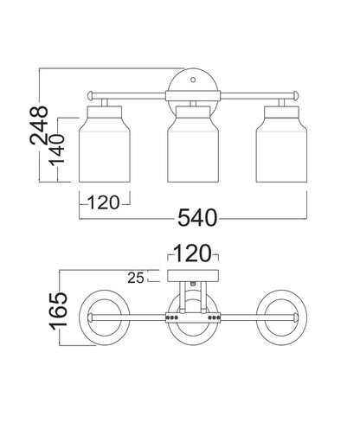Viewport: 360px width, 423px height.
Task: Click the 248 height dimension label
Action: (39, 125)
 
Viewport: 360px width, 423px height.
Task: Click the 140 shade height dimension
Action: (56, 151)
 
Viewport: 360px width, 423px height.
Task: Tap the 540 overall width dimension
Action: (197, 218)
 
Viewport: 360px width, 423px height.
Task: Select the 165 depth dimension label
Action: (59, 311)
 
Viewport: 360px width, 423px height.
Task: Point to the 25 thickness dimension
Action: (136, 278)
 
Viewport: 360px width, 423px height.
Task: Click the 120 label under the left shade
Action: (103, 202)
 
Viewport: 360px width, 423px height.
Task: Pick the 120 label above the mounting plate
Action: (192, 253)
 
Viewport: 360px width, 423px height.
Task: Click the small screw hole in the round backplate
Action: (193, 80)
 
